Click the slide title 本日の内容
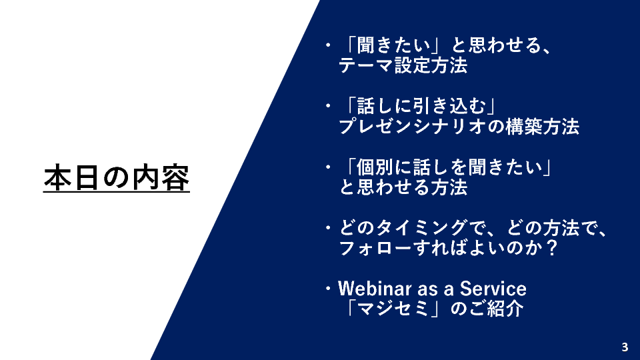[116, 178]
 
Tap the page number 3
[625, 347]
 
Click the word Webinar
[375, 289]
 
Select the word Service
[493, 289]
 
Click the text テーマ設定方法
[403, 65]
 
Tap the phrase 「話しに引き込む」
[421, 106]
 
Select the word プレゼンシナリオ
[412, 126]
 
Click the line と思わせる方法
[403, 187]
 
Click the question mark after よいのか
[552, 248]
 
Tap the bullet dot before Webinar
[328, 289]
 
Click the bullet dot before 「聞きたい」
[328, 45]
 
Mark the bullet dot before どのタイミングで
[328, 228]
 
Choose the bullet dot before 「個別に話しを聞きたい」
[328, 167]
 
